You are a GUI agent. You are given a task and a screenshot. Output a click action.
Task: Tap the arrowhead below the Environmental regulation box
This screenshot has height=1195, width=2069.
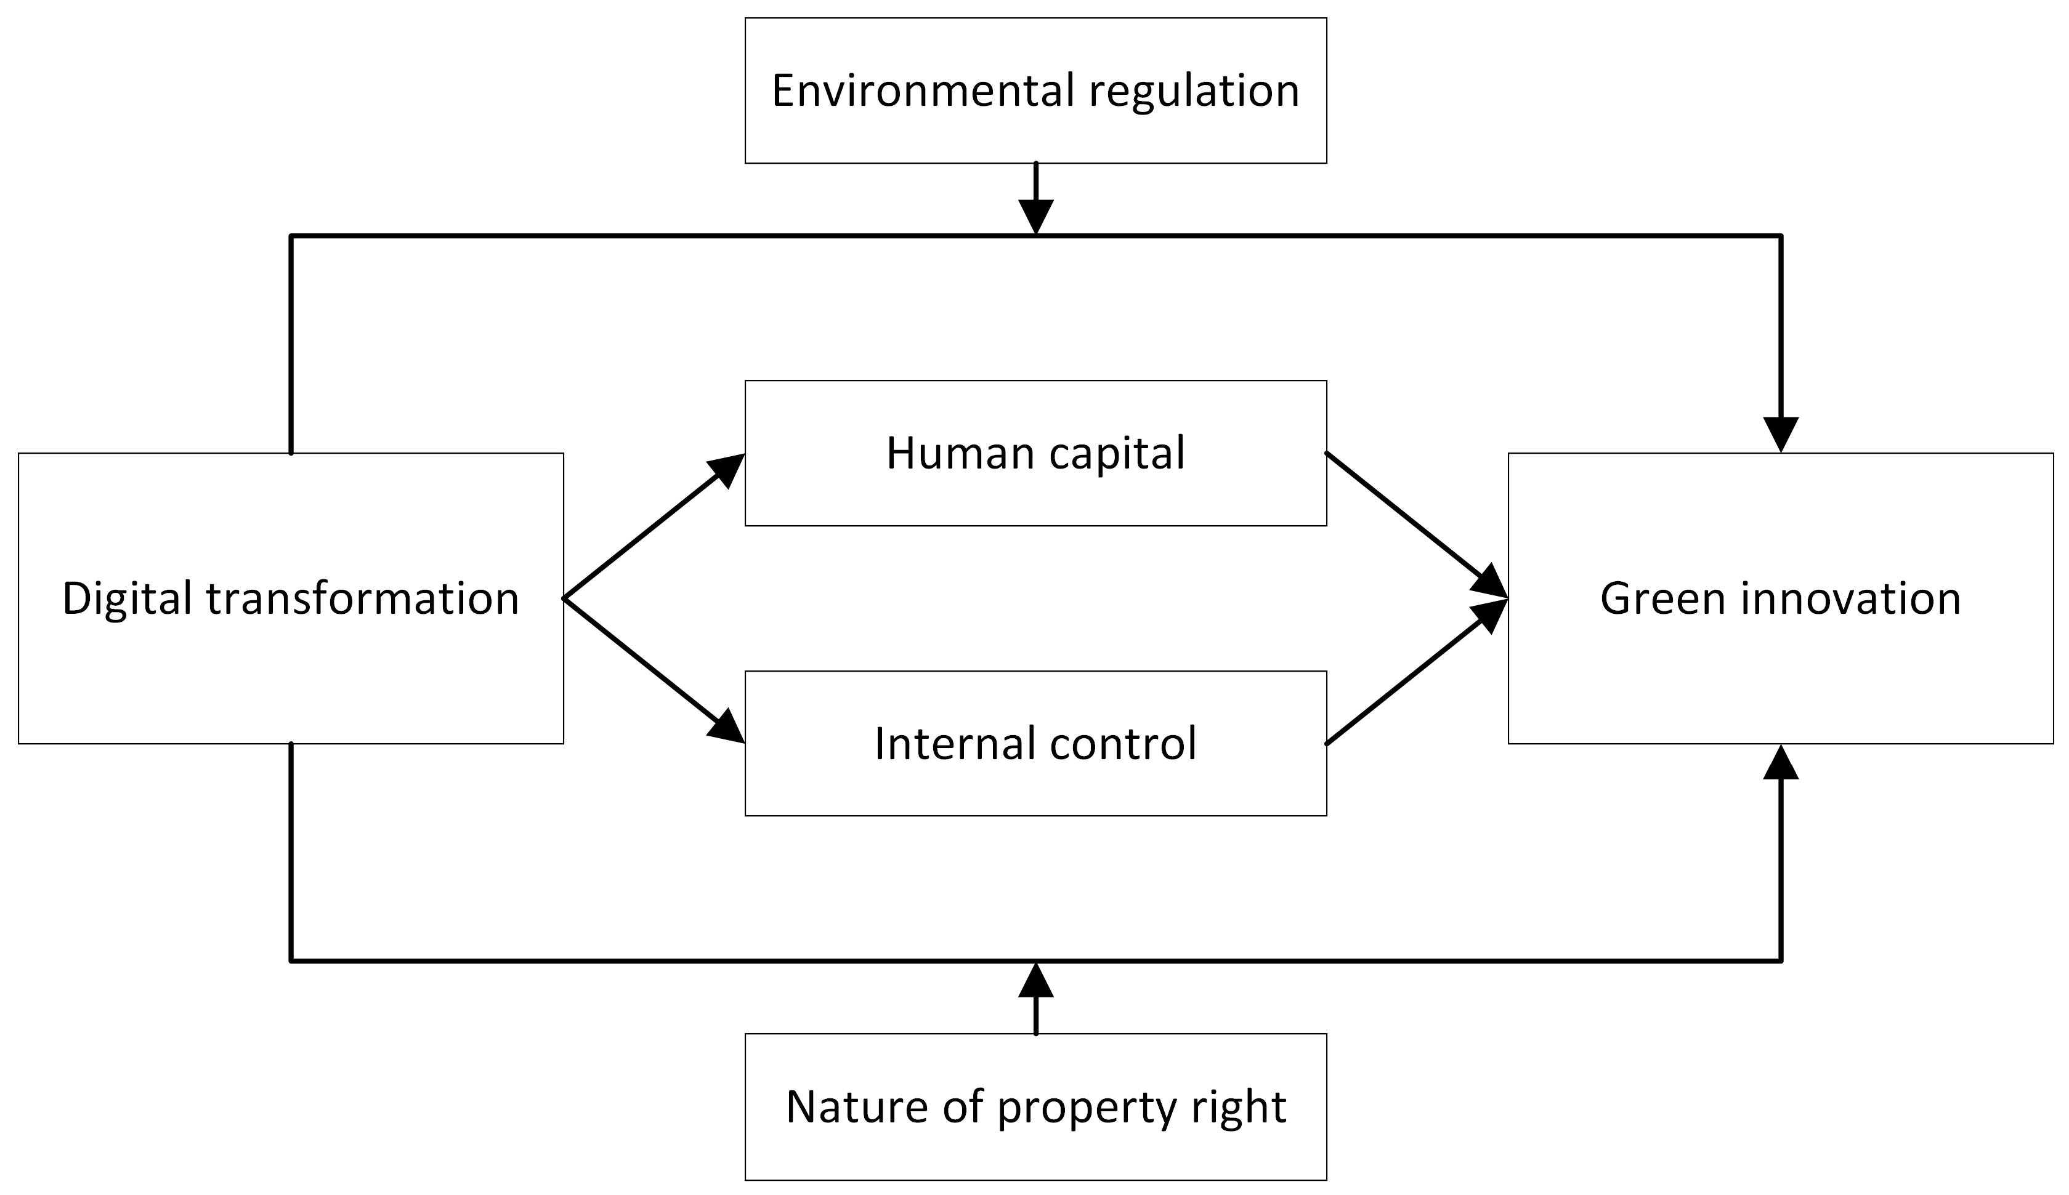1036,217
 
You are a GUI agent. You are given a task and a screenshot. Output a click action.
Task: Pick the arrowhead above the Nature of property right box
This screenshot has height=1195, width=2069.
1036,981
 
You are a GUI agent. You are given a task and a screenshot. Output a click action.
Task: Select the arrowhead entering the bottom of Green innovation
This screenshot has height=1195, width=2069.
1781,764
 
